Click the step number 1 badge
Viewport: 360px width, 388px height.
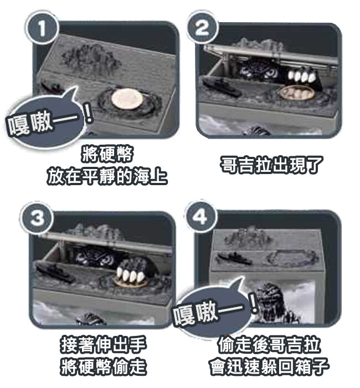pos(42,28)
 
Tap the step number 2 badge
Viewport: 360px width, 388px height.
pos(203,27)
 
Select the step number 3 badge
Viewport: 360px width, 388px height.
pos(37,218)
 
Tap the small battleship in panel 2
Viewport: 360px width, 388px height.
pos(222,87)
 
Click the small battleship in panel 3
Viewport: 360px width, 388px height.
pos(55,273)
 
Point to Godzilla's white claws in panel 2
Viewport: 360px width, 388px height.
pos(302,76)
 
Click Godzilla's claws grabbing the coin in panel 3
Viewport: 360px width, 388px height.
pos(130,275)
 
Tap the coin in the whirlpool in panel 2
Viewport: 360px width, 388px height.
pos(297,93)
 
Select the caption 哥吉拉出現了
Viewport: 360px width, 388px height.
pos(271,165)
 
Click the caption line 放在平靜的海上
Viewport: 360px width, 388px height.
pos(107,176)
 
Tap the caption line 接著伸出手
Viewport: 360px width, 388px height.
pos(104,345)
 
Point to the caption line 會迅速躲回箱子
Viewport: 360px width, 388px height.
pos(269,367)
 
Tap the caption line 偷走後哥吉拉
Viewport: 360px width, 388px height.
pos(269,345)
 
